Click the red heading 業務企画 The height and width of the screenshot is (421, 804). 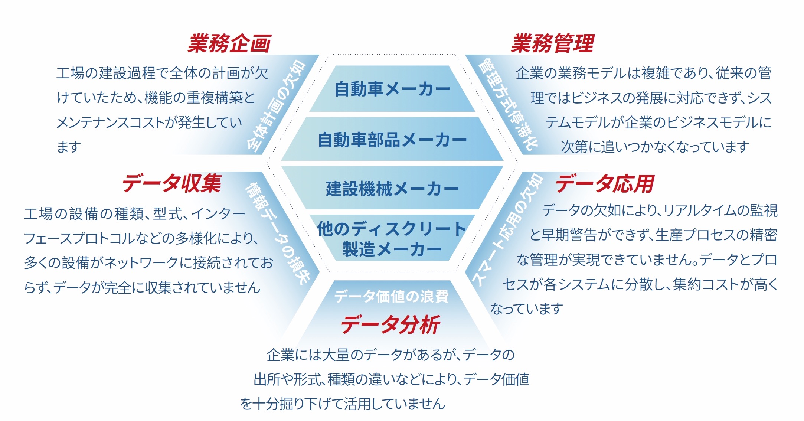(229, 43)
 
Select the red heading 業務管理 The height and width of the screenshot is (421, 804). (552, 43)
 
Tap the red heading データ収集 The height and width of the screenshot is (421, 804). (172, 183)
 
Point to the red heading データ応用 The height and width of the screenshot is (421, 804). (605, 184)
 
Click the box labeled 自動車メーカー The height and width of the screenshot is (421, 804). (392, 89)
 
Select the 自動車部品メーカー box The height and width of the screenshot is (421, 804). (392, 139)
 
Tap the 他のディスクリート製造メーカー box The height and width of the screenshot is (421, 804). (392, 238)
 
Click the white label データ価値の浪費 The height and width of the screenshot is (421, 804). (391, 296)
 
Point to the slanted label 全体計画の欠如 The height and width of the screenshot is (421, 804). (277, 106)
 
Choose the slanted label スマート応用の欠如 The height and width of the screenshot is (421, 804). (507, 230)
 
